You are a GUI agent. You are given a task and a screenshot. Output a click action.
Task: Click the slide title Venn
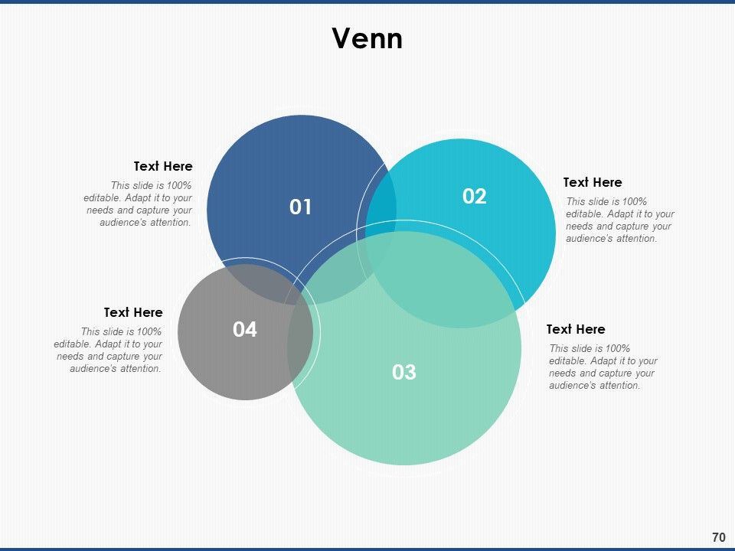coord(367,38)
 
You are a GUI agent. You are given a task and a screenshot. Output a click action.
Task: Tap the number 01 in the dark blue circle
coord(300,207)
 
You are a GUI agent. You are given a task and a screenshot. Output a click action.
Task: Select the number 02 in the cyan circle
coord(475,197)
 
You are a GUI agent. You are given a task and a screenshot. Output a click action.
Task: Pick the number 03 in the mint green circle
coord(404,372)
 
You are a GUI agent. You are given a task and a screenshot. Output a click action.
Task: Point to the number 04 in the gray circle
coord(245,329)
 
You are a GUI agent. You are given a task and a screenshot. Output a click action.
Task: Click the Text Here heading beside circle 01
coord(163,166)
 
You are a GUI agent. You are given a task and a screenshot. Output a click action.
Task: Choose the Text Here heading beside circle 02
coord(593,182)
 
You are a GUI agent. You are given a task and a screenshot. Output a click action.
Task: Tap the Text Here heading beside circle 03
coord(576,329)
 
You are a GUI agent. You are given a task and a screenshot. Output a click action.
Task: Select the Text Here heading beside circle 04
coord(133,312)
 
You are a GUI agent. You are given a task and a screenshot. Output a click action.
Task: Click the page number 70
coord(719,537)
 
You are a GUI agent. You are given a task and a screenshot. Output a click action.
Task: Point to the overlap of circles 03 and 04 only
coord(300,347)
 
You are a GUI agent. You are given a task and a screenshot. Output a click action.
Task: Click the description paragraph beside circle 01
coord(138,204)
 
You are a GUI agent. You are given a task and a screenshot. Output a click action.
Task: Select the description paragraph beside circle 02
coord(620,220)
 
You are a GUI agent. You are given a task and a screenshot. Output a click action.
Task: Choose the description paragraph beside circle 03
coord(603,367)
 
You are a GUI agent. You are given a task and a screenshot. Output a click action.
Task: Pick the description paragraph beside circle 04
coord(108,350)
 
